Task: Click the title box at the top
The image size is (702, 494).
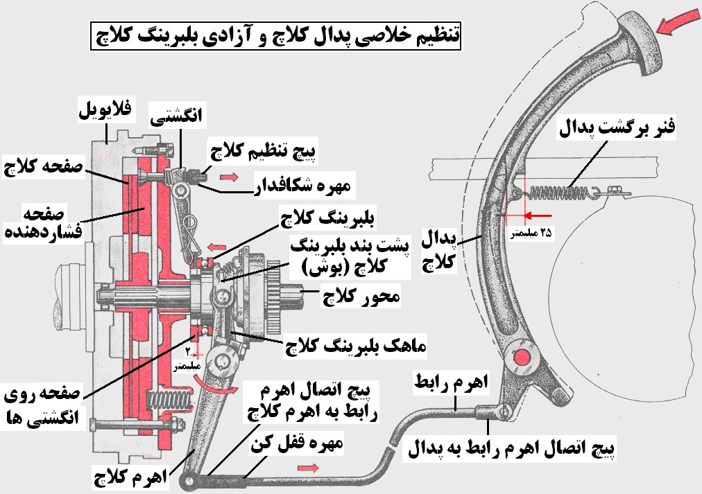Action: [276, 36]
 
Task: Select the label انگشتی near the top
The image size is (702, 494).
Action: [176, 116]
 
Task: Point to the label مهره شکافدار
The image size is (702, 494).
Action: [302, 184]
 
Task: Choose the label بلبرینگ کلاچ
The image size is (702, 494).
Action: [327, 218]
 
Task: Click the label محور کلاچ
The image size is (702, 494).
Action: [361, 296]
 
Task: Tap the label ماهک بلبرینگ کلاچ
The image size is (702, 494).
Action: [357, 346]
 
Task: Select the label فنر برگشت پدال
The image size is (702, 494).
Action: [617, 128]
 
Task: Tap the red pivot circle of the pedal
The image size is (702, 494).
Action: [521, 358]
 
